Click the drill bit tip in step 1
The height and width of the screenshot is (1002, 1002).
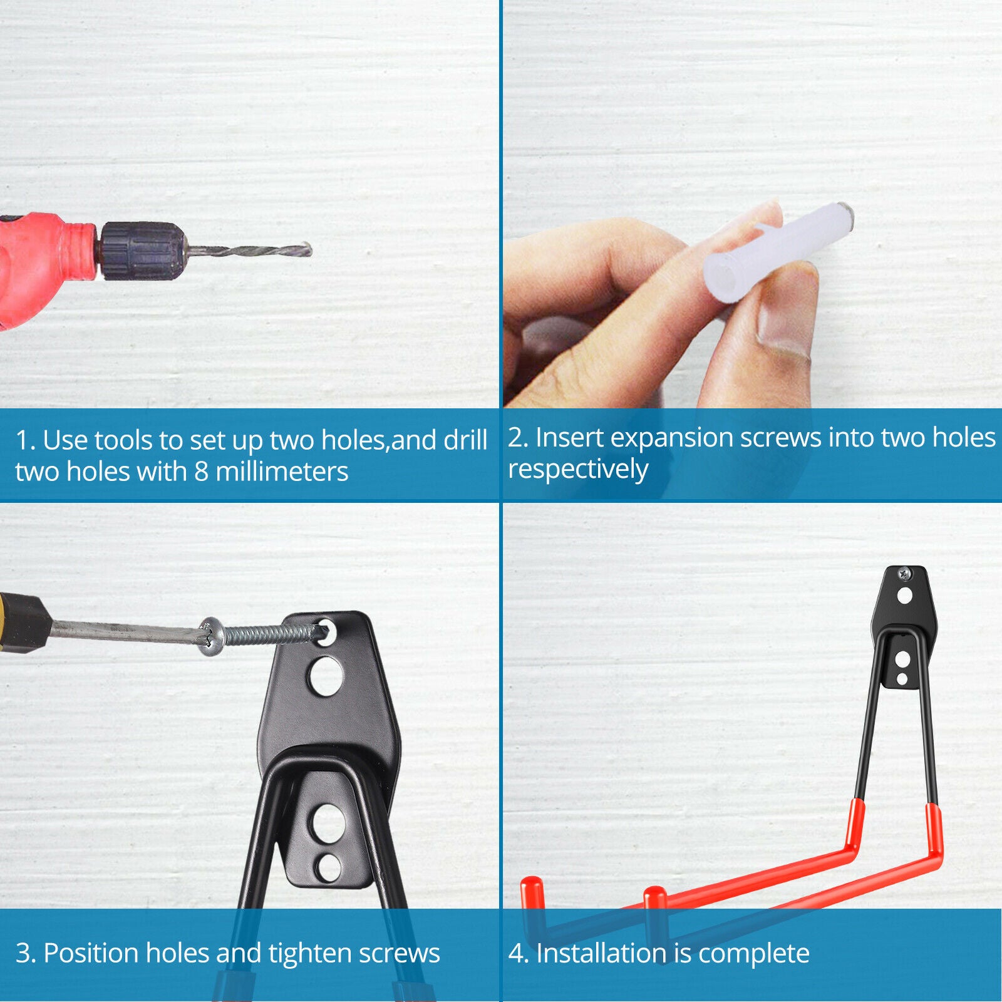311,250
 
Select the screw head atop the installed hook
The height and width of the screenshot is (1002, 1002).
904,573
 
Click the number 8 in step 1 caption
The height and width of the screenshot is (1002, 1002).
201,472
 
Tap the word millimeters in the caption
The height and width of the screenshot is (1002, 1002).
282,472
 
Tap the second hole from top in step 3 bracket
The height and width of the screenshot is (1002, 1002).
326,676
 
